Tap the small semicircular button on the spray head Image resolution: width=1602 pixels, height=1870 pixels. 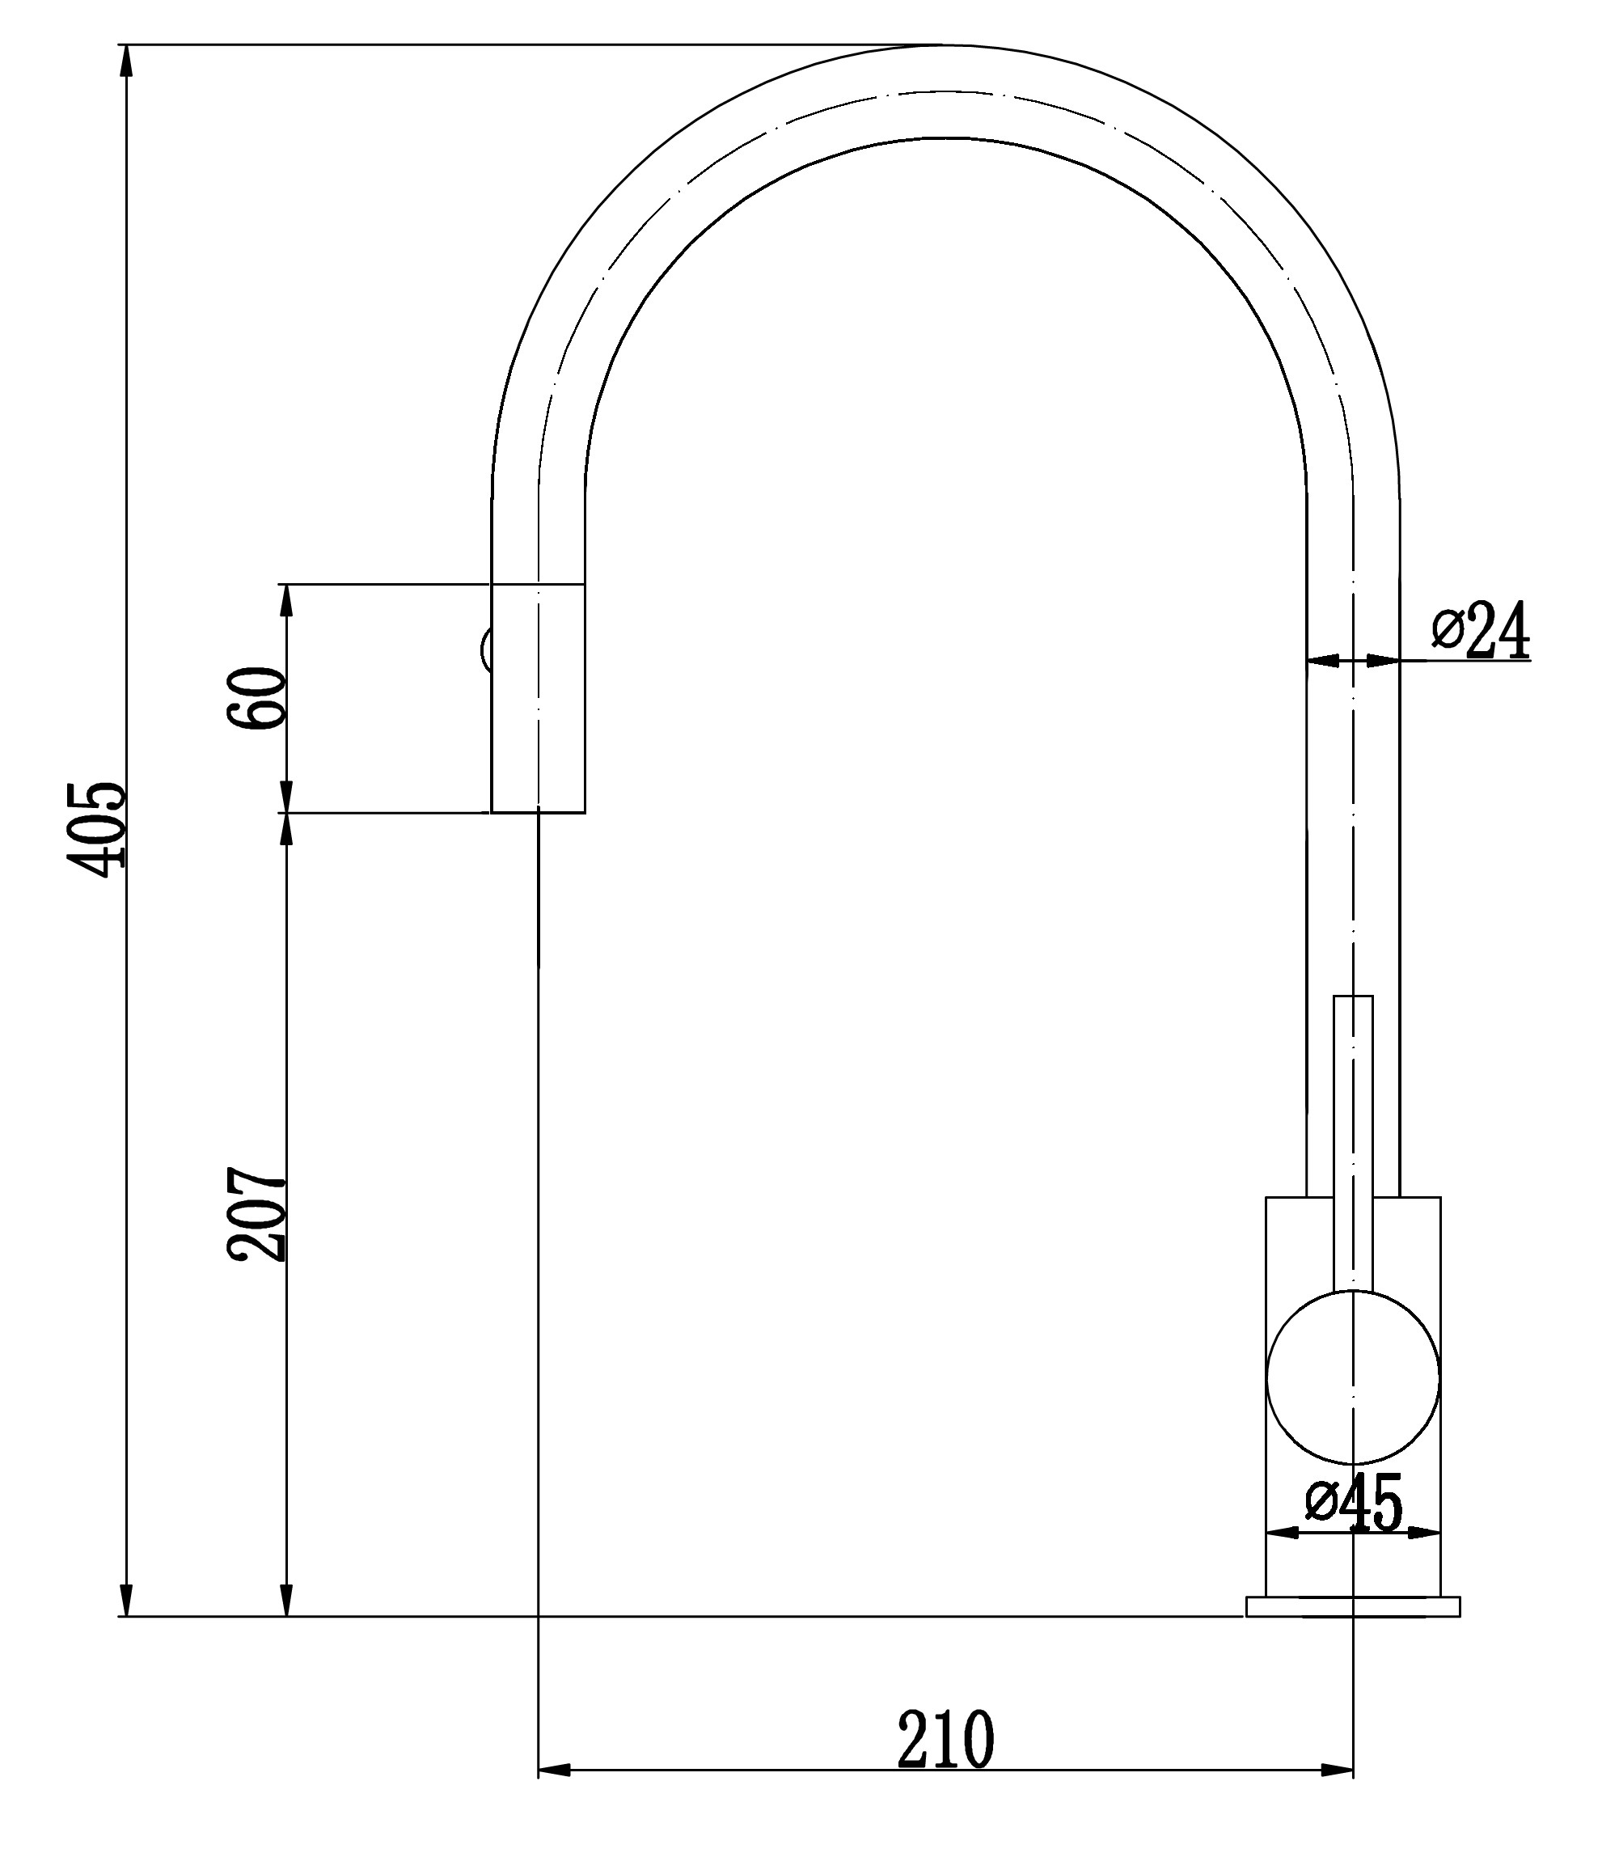[485, 649]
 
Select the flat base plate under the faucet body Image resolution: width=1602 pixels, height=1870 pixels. [1353, 1606]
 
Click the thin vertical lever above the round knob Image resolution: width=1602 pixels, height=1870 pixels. [1353, 1144]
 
